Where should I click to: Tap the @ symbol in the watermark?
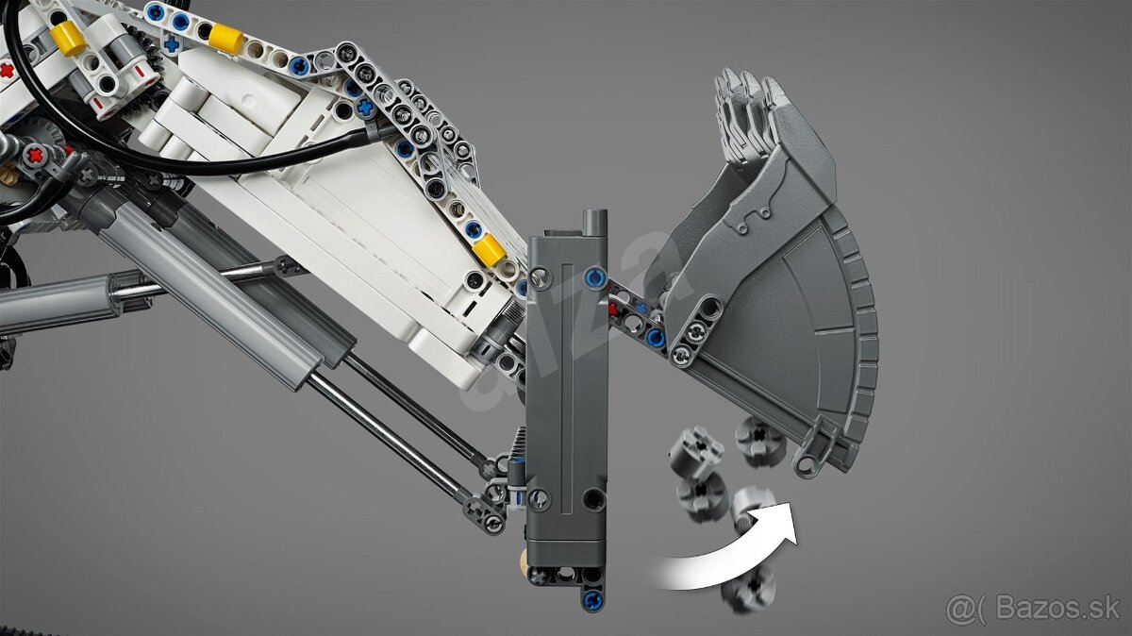(960, 609)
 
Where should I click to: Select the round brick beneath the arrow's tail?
(747, 586)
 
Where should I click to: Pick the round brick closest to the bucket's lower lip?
(759, 439)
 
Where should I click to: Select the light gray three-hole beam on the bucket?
(696, 331)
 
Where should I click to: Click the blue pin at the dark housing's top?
(594, 276)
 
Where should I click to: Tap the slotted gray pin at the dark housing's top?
(540, 277)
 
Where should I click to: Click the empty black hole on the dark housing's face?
(593, 499)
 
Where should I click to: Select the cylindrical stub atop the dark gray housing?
(594, 222)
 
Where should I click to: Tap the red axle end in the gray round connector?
(36, 154)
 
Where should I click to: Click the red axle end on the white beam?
(7, 69)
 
